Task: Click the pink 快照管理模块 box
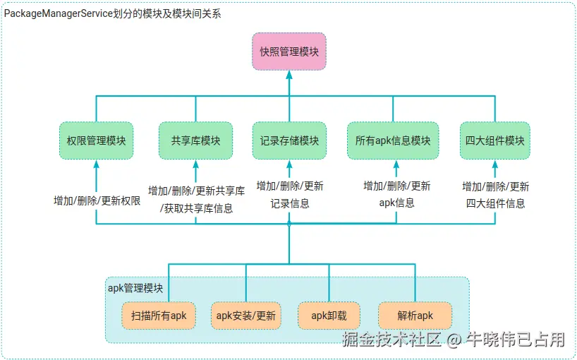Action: pos(289,51)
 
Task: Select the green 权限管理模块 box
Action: pos(96,140)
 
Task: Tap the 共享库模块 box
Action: pos(195,140)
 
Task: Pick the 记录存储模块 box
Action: pos(289,140)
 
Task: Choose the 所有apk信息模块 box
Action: pos(393,140)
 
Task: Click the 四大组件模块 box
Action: pos(495,140)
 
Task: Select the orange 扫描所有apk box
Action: pos(159,316)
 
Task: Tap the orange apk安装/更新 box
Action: pos(245,316)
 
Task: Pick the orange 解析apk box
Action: pos(415,316)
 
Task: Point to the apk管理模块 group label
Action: pos(135,288)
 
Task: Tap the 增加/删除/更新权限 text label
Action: pos(97,200)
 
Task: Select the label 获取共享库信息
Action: pos(198,208)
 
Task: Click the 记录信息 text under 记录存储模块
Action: pos(289,203)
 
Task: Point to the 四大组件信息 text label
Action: pos(495,203)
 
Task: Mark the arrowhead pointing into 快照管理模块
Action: pos(289,74)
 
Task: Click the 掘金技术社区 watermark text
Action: pos(391,340)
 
